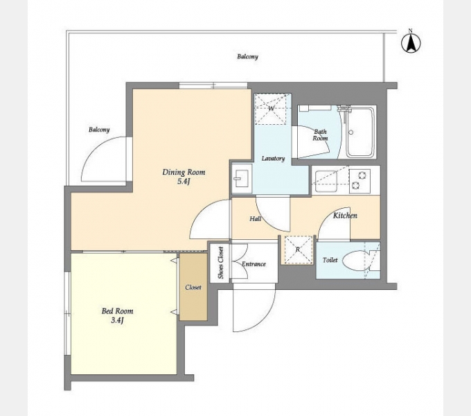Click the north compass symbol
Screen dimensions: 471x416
pyautogui.click(x=411, y=43)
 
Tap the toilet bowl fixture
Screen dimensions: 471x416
pyautogui.click(x=356, y=260)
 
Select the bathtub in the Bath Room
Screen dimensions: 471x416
pyautogui.click(x=360, y=132)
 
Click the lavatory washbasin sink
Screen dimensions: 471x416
pyautogui.click(x=242, y=179)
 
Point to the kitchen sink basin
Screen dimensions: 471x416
pyautogui.click(x=326, y=180)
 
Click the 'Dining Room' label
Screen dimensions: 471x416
pyautogui.click(x=184, y=172)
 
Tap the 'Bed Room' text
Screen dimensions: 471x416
pyautogui.click(x=117, y=311)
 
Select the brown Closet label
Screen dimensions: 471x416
pyautogui.click(x=193, y=288)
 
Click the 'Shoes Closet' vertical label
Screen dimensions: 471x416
pyautogui.click(x=221, y=263)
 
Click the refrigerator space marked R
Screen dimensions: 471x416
pyautogui.click(x=298, y=250)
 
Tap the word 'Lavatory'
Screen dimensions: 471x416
pyautogui.click(x=273, y=158)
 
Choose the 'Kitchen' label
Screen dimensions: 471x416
pyautogui.click(x=345, y=215)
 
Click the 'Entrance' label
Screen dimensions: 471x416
pyautogui.click(x=254, y=264)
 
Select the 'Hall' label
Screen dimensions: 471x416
pyautogui.click(x=256, y=219)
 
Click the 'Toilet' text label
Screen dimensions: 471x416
pyautogui.click(x=330, y=260)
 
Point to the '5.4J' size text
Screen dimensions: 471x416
pyautogui.click(x=184, y=182)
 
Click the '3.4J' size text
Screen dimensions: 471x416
pyautogui.click(x=118, y=320)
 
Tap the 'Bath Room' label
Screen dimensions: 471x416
pyautogui.click(x=320, y=135)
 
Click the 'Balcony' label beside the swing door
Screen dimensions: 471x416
pyautogui.click(x=99, y=130)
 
